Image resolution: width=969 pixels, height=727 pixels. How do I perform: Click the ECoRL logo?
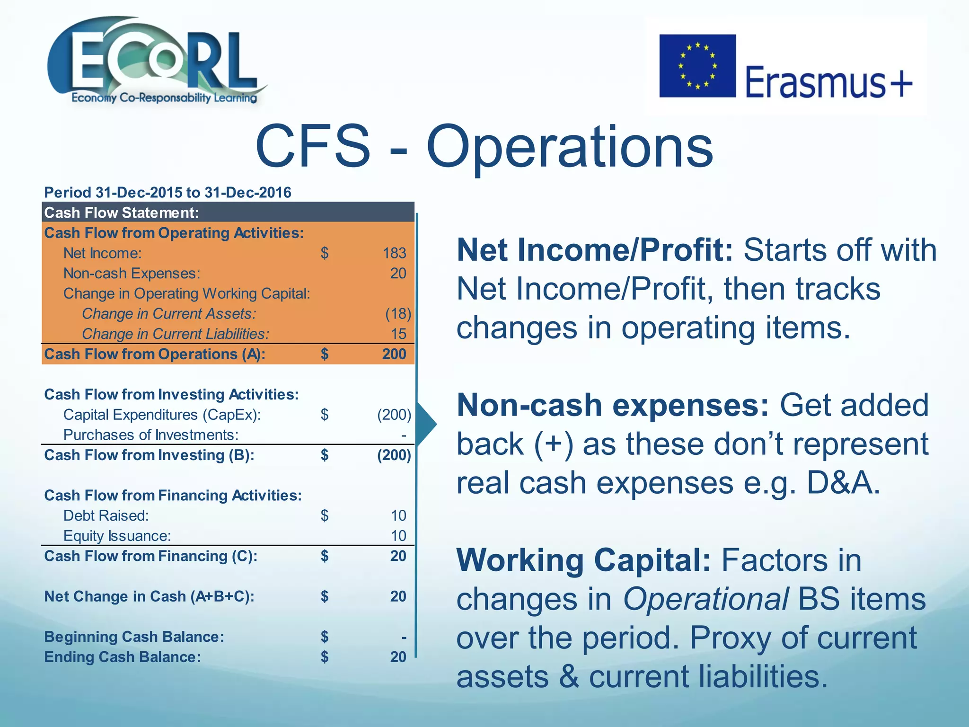pyautogui.click(x=156, y=62)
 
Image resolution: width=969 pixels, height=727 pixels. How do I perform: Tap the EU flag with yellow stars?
pyautogui.click(x=697, y=66)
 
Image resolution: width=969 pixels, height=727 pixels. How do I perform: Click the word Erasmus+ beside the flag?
pyautogui.click(x=828, y=81)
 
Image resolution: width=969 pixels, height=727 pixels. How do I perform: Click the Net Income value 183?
pyautogui.click(x=395, y=253)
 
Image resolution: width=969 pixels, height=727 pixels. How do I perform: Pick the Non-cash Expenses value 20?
pyautogui.click(x=398, y=274)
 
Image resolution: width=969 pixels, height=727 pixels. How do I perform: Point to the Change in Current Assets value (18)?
pyautogui.click(x=398, y=314)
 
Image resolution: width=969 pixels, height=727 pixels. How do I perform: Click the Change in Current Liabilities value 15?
pyautogui.click(x=398, y=334)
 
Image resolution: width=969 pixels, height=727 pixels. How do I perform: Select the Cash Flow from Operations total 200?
pyautogui.click(x=394, y=354)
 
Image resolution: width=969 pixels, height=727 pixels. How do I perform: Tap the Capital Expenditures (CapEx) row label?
pyautogui.click(x=162, y=415)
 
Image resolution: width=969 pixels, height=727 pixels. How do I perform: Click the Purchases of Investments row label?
pyautogui.click(x=150, y=435)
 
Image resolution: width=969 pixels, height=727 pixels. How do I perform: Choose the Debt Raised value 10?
pyautogui.click(x=398, y=515)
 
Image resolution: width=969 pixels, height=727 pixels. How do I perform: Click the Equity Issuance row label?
pyautogui.click(x=117, y=536)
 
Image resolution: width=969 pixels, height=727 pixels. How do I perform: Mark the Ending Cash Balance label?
pyautogui.click(x=122, y=657)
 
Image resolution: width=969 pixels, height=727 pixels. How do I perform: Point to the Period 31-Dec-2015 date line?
pyautogui.click(x=167, y=193)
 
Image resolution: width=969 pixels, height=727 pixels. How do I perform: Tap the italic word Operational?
pyautogui.click(x=705, y=599)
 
